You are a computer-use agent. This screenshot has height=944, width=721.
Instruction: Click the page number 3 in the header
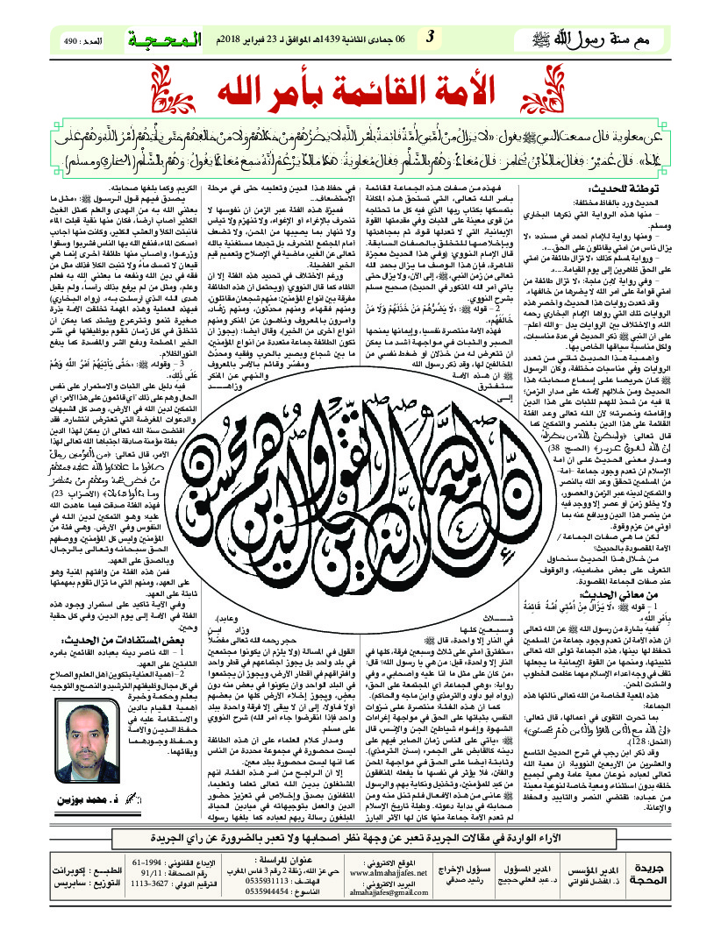430,37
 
